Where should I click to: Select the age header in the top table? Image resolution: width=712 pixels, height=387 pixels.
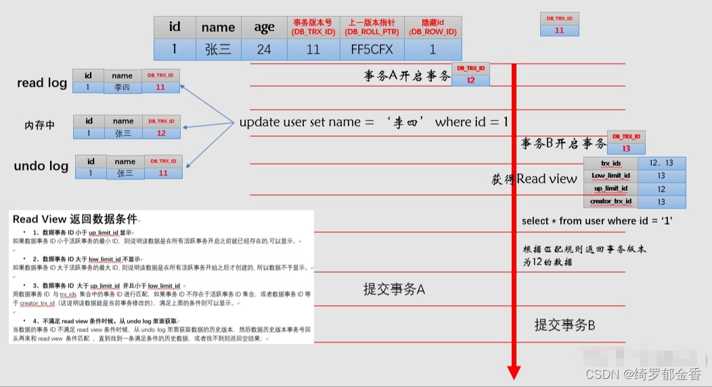[x=264, y=27]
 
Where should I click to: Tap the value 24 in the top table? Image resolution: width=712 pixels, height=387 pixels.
[x=264, y=49]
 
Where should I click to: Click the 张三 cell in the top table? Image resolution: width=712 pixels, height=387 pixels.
[x=218, y=49]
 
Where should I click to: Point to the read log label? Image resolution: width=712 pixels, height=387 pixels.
[x=42, y=83]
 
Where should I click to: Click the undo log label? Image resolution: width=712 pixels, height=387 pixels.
[x=41, y=166]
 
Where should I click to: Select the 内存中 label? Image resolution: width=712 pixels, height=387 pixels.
[x=39, y=126]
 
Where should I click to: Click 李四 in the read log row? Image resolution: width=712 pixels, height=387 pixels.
[x=123, y=88]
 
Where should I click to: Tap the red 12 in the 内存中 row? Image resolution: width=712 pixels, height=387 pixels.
[x=161, y=133]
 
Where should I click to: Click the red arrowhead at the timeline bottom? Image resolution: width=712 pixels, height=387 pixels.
[x=514, y=371]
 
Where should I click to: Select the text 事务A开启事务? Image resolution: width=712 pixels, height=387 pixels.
[x=407, y=76]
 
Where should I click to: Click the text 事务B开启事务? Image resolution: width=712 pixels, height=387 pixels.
[x=563, y=143]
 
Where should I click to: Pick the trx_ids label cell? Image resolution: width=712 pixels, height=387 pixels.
[x=610, y=164]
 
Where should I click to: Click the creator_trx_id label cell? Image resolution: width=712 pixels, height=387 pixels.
[x=610, y=202]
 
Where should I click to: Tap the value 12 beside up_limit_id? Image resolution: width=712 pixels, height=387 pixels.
[x=661, y=189]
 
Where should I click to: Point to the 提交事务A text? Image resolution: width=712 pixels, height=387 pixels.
[x=394, y=290]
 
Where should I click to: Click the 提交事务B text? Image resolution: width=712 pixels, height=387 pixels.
[x=564, y=325]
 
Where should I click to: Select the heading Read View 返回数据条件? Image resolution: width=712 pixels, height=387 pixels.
[x=74, y=219]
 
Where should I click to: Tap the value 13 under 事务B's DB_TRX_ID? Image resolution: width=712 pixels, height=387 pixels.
[x=625, y=149]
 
